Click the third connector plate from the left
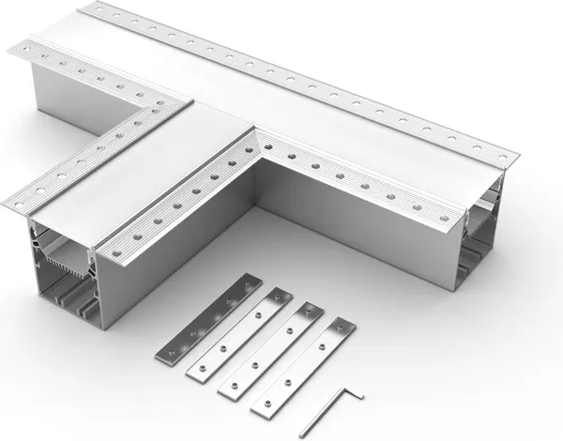(271, 347)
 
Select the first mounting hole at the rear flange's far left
(96, 12)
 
